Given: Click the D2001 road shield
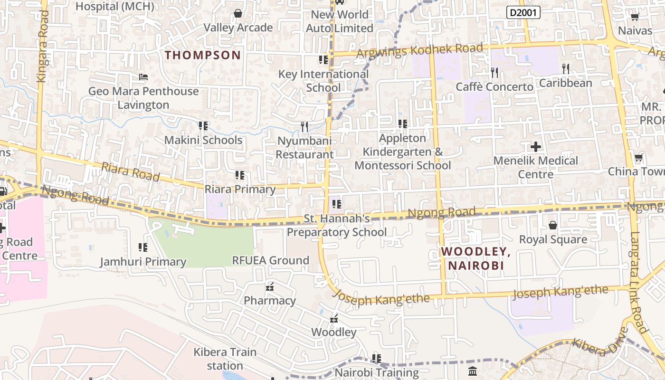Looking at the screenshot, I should tap(523, 12).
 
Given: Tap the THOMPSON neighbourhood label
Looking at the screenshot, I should tap(203, 55).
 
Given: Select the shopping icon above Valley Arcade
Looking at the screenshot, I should tap(238, 13).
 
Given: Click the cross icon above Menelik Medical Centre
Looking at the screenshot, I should tap(536, 146).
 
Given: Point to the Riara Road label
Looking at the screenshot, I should tap(130, 171).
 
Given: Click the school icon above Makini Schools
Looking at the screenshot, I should tap(203, 126).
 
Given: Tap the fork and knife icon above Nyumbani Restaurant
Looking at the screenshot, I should tap(304, 127).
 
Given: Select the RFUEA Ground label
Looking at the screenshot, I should tap(270, 260).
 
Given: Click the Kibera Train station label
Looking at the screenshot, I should tap(225, 359).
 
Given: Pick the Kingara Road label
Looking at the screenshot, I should tap(43, 47).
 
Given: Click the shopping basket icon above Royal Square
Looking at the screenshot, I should tap(553, 225).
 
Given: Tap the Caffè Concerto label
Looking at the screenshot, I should tap(494, 87).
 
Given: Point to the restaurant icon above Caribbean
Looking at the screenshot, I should tap(565, 69).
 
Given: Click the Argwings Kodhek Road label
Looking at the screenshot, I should tap(419, 50).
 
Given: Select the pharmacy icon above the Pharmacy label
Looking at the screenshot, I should tap(270, 286).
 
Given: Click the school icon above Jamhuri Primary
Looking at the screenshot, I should tap(142, 247).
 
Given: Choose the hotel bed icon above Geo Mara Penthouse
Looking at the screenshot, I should tap(143, 77).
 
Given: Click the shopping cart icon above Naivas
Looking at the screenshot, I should tap(635, 17).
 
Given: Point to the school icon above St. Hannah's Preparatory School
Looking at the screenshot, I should tap(337, 204).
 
